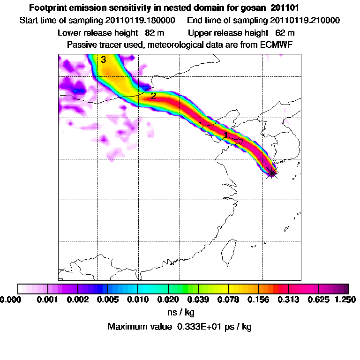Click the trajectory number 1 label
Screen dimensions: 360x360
pos(226,135)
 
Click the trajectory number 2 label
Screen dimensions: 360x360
pos(153,96)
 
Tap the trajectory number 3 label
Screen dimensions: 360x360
pos(103,60)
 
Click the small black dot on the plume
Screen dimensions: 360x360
pos(200,123)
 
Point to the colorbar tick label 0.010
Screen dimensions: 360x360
pos(138,299)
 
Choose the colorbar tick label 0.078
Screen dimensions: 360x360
pos(228,299)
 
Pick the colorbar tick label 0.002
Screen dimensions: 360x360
pos(78,299)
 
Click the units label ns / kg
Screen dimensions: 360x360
pos(180,312)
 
